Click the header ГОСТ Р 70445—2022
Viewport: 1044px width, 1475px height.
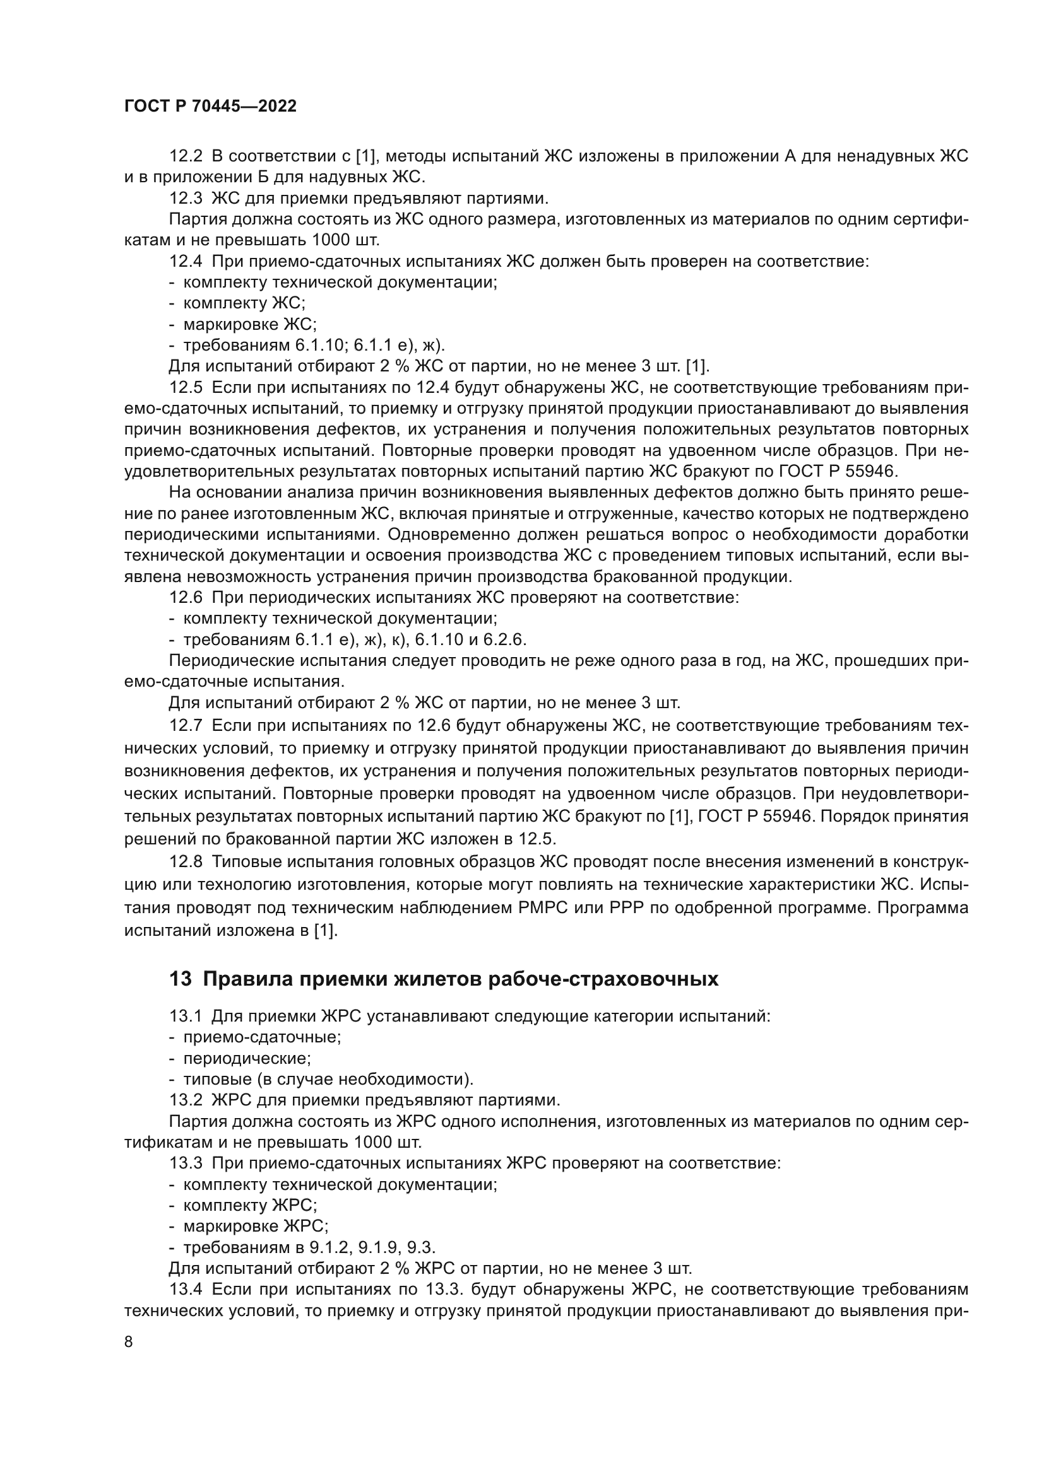[210, 107]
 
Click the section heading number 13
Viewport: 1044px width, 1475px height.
[180, 979]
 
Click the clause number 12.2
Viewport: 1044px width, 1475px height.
[186, 156]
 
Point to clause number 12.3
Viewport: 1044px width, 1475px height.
[186, 198]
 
